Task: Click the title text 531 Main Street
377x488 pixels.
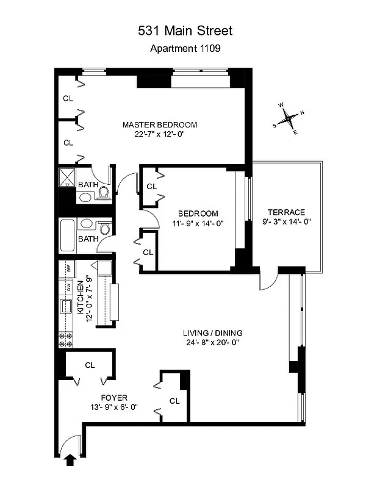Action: [185, 30]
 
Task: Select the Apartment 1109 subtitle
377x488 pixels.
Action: [185, 49]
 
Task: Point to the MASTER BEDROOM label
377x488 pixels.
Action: [160, 125]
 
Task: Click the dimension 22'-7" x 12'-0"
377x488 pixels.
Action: [160, 135]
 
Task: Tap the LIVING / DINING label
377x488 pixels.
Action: [213, 333]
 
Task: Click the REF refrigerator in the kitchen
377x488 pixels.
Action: [69, 267]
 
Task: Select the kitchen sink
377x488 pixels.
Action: [65, 306]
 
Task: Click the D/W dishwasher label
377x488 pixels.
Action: [69, 286]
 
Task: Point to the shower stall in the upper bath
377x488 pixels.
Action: [66, 178]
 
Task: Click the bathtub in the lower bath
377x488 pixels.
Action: [67, 235]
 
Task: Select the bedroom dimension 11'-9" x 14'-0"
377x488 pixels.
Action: [198, 223]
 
